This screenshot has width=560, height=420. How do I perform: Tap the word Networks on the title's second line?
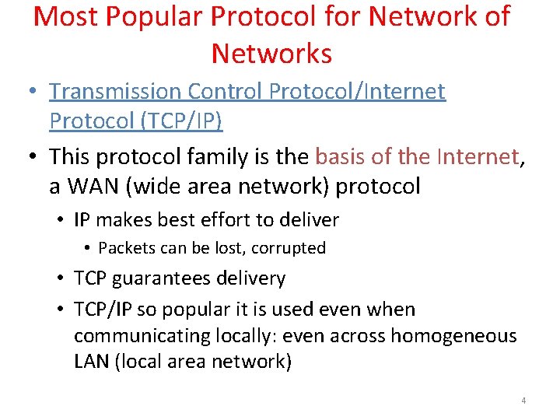(x=271, y=54)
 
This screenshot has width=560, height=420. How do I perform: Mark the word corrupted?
(x=291, y=248)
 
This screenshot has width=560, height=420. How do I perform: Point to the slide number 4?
(x=523, y=401)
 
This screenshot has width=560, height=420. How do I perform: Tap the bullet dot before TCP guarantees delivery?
(x=62, y=278)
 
